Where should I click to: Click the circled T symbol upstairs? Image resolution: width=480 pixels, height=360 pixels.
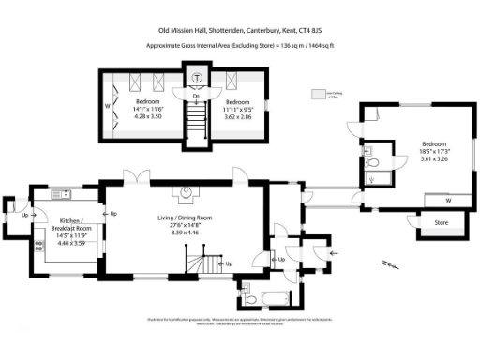(x=197, y=78)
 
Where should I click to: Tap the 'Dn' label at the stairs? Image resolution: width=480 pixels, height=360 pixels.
(x=196, y=96)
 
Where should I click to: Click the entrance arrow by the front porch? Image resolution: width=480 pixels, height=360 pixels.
(x=337, y=252)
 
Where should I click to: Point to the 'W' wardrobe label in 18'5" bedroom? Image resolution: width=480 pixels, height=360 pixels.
(x=448, y=200)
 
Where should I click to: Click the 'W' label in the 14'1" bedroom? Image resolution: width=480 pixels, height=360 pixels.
(x=107, y=106)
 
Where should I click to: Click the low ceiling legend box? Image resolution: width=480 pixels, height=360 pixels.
(x=319, y=94)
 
